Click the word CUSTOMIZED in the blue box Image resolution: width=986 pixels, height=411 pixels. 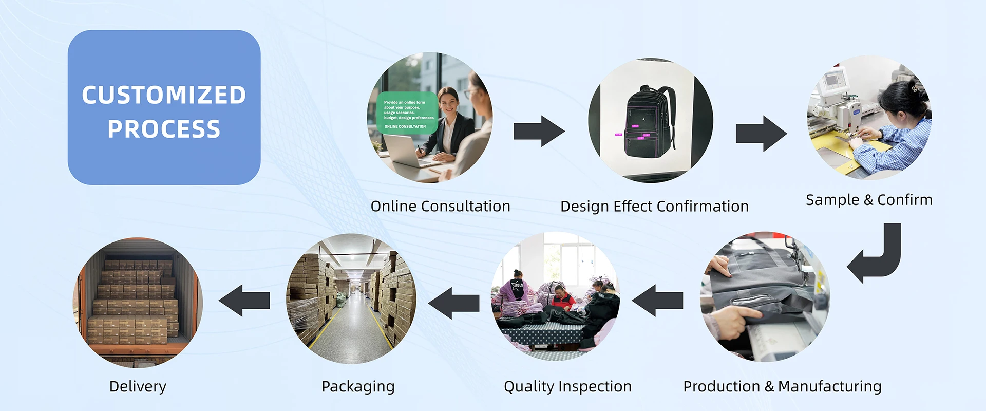(x=164, y=96)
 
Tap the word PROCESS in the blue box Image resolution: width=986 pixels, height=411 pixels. (x=164, y=129)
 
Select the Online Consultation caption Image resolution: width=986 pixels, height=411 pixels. (x=440, y=207)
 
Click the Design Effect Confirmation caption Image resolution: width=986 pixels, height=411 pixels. (x=654, y=207)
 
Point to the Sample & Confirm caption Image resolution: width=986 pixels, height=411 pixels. (x=869, y=200)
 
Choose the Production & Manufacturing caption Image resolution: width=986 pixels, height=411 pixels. (x=782, y=386)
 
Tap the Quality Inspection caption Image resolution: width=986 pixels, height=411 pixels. (x=567, y=386)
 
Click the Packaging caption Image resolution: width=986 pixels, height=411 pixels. (x=358, y=386)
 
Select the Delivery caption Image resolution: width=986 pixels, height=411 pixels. (x=138, y=386)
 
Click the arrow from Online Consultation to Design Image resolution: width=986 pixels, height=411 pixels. (x=539, y=132)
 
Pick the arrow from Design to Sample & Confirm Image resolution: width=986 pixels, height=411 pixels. (x=761, y=134)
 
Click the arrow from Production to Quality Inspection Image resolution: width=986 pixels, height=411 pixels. (x=657, y=301)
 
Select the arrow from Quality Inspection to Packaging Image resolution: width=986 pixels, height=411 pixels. (x=453, y=303)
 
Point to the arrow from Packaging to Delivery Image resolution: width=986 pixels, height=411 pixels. (x=244, y=301)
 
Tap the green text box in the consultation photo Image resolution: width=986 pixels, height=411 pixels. (x=407, y=113)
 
